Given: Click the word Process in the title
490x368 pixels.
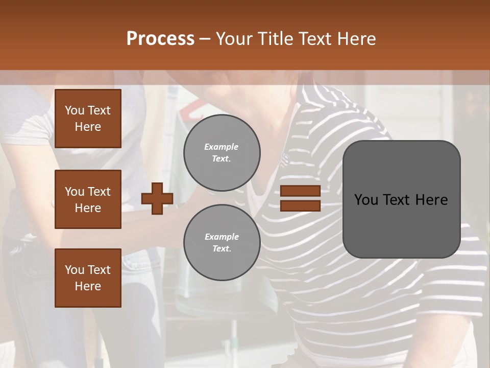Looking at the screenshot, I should [x=160, y=39].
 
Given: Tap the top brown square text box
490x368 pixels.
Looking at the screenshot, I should [x=88, y=119].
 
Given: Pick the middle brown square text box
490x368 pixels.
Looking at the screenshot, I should [x=88, y=199].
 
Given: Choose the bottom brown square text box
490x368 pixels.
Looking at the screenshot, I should [x=88, y=278].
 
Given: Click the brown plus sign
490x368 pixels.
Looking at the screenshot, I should [x=157, y=198].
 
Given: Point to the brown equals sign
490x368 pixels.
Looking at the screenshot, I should [x=301, y=198].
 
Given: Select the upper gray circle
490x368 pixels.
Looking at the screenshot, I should [x=222, y=153].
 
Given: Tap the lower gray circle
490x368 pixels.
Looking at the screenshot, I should [x=222, y=243].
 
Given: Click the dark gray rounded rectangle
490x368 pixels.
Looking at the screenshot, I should [x=402, y=199].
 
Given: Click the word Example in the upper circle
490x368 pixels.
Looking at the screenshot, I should [x=222, y=147].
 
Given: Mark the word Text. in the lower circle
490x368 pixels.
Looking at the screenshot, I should [x=222, y=249].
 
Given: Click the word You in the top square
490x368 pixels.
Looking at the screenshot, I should [x=74, y=110].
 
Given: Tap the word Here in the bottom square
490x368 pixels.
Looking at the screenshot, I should [x=88, y=286].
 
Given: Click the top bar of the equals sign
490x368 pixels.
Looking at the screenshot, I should [x=301, y=191].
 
